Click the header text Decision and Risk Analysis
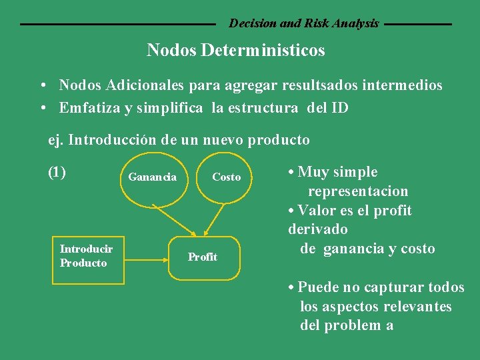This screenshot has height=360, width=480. (x=304, y=23)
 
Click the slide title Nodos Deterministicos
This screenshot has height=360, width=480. (x=236, y=50)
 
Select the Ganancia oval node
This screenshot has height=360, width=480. (x=152, y=177)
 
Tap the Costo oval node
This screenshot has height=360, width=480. (x=226, y=177)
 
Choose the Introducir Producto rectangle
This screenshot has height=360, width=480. (x=87, y=256)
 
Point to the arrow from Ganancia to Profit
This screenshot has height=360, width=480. (x=175, y=217)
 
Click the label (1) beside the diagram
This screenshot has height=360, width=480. (x=57, y=172)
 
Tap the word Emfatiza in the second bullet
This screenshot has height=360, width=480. (x=89, y=108)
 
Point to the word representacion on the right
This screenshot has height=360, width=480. (x=358, y=191)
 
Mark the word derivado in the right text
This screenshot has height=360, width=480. (x=318, y=229)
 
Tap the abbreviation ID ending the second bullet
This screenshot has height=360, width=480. (x=339, y=108)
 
